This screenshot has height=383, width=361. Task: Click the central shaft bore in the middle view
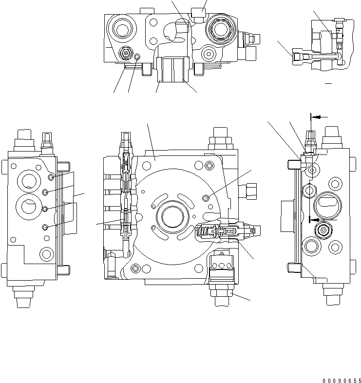click(171, 215)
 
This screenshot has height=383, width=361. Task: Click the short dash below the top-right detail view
click(328, 84)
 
